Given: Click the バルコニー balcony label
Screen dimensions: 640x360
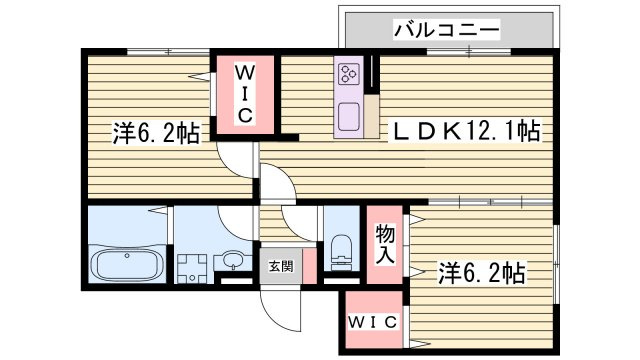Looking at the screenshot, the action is coord(447,30).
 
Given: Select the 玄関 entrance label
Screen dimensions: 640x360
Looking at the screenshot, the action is coord(281,267).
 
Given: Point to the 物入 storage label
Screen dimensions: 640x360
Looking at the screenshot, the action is coord(384,244).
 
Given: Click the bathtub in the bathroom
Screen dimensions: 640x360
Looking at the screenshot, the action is coord(127,264).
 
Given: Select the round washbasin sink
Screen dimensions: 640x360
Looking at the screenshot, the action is coord(232,260).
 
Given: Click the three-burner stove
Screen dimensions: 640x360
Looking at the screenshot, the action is coord(348,74).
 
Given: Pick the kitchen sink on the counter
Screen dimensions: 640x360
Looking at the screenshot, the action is coord(349,116).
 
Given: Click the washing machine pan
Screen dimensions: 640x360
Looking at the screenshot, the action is coord(192,268).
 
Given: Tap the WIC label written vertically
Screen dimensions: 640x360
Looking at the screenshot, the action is coord(244,94).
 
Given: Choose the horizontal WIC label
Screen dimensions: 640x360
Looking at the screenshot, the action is coord(372,322).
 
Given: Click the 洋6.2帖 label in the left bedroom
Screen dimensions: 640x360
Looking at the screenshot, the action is coord(156,133).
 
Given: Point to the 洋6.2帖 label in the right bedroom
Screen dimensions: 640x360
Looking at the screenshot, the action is coord(482,273).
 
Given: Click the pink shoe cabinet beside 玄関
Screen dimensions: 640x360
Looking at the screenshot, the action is coord(309,266).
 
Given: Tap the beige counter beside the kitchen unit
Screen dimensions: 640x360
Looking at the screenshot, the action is coord(371,116).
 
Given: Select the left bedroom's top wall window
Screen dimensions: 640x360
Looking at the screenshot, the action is coord(168,52).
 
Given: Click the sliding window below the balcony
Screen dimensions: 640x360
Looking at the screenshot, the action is coord(469,52).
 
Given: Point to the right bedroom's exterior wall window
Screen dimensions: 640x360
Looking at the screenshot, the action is coord(556,264).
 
